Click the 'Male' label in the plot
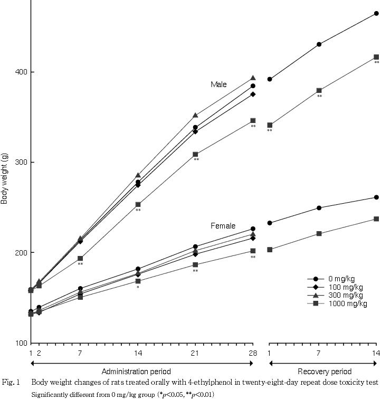(218, 84)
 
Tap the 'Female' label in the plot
(223, 226)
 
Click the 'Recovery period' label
(323, 372)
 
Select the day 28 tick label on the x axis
(253, 353)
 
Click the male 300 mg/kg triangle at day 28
(253, 78)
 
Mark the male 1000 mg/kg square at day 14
(138, 204)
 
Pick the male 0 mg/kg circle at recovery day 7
(319, 44)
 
